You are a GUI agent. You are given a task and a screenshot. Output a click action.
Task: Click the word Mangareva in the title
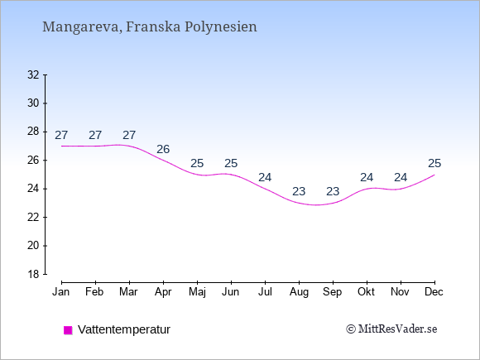tap(81, 27)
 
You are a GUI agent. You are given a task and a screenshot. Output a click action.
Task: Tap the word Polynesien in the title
tap(221, 27)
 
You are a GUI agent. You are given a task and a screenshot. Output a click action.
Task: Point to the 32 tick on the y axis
tap(45, 74)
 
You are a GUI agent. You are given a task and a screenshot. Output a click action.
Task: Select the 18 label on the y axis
tap(33, 274)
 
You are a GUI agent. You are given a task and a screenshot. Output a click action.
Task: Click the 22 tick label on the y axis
tap(33, 218)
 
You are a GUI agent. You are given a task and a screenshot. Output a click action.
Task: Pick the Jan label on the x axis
tap(61, 292)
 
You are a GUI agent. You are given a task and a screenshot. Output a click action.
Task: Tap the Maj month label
tap(197, 292)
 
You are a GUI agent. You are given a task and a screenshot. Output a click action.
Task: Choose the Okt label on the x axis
tap(366, 292)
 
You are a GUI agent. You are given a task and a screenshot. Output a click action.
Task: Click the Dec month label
tap(434, 292)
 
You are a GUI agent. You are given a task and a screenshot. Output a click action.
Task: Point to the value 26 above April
tap(163, 149)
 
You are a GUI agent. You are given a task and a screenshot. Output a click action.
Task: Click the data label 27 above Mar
tap(129, 135)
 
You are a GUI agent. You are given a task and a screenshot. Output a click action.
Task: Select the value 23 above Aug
tap(299, 192)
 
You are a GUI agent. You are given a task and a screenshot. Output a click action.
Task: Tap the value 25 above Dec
tap(434, 163)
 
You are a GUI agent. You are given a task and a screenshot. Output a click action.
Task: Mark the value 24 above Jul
tap(265, 178)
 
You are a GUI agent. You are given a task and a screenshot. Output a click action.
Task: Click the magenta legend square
tap(68, 330)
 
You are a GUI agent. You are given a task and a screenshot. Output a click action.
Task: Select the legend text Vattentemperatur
tap(124, 329)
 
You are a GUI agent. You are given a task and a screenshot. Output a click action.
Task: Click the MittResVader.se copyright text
tap(391, 329)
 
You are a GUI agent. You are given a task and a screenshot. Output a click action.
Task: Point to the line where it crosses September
tap(333, 203)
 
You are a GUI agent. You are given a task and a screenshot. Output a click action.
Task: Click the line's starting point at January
tap(62, 146)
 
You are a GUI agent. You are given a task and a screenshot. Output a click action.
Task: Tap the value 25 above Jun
tap(231, 163)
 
